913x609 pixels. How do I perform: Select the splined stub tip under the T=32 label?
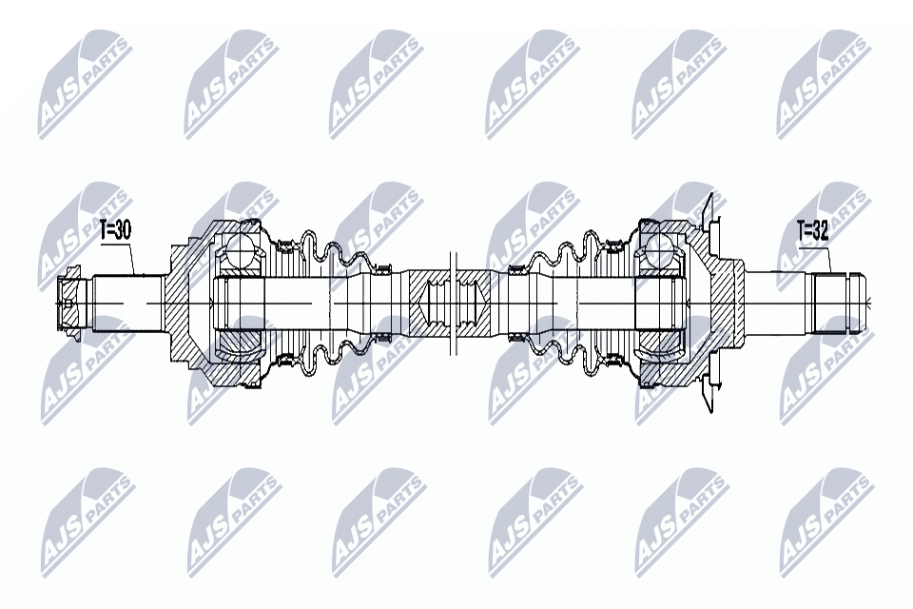[837, 302]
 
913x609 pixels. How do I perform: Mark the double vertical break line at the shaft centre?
[455, 302]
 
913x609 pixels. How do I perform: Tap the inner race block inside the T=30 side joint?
[238, 302]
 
